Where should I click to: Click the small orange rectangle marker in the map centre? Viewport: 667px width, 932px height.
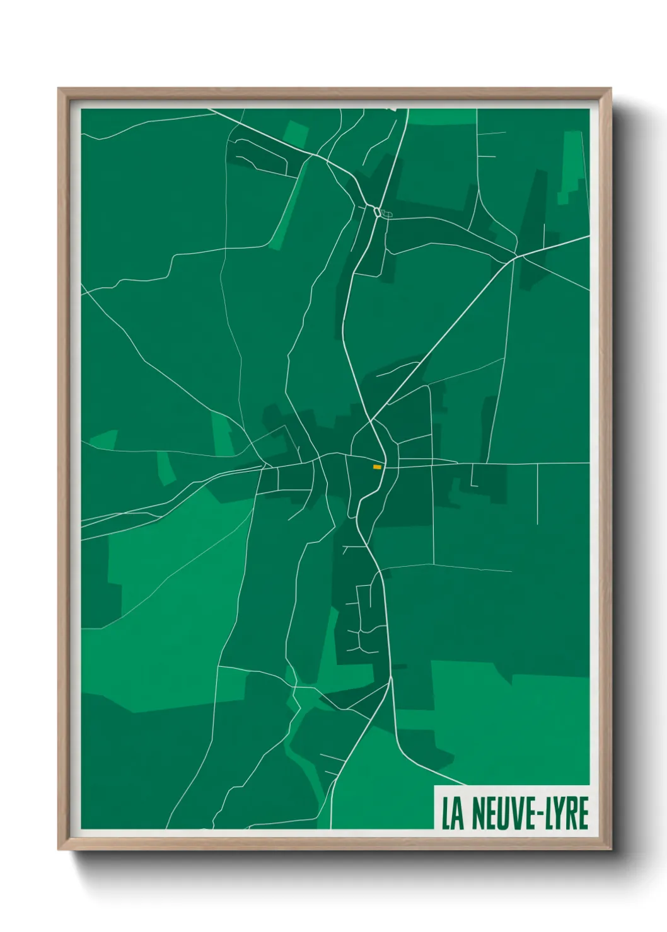[377, 467]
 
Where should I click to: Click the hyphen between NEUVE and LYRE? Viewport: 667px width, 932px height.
[538, 815]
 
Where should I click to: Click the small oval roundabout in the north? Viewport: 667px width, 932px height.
[377, 212]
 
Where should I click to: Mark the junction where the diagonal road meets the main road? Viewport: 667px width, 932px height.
[372, 421]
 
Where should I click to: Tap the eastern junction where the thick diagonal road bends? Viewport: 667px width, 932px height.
[516, 257]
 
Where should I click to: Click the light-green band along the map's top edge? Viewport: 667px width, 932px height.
[441, 116]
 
